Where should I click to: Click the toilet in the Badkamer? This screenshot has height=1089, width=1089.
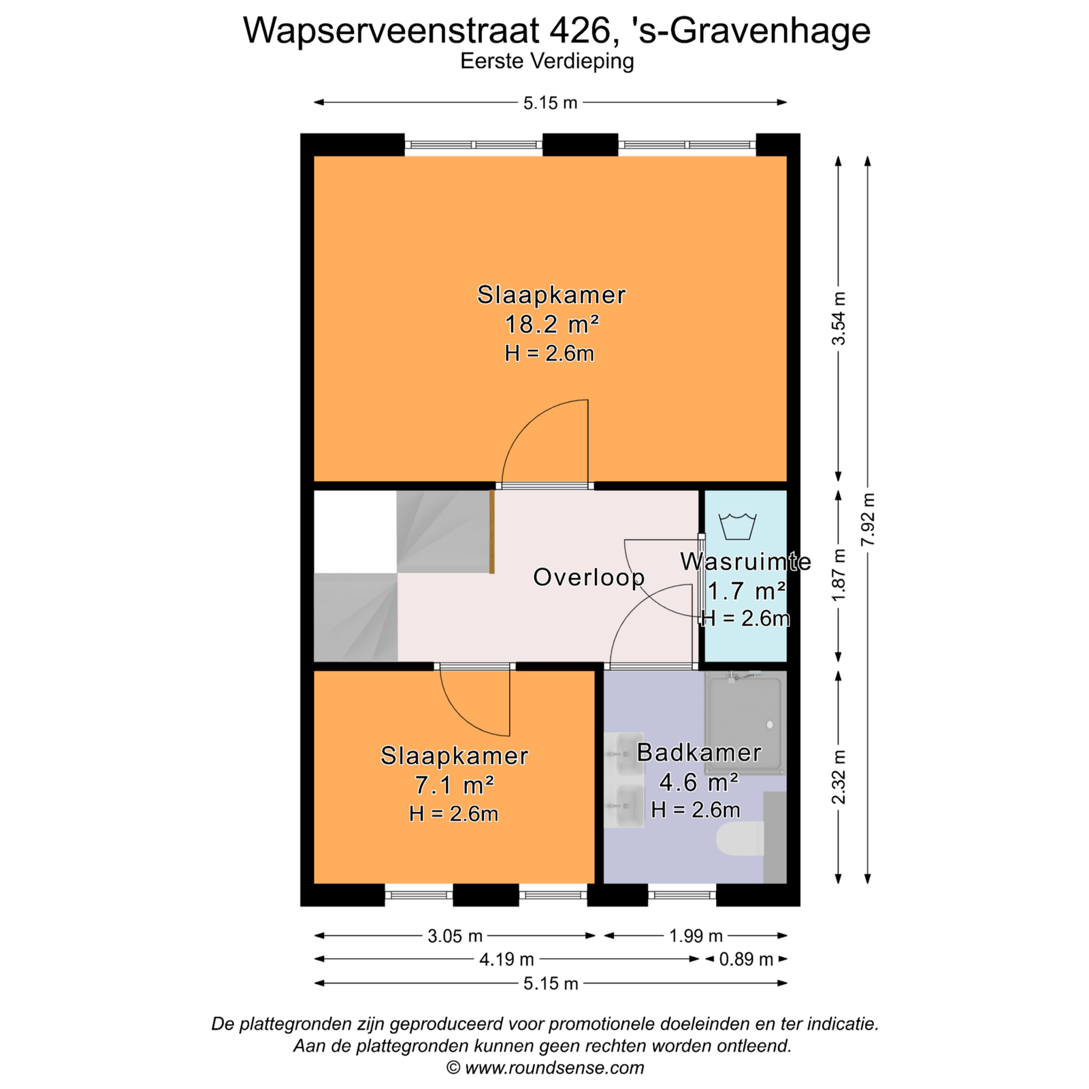(x=740, y=839)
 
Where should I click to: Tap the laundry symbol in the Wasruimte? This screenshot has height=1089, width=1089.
(x=737, y=525)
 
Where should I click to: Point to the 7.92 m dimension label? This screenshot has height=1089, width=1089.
(x=868, y=519)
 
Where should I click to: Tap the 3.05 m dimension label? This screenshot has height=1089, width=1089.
(x=455, y=936)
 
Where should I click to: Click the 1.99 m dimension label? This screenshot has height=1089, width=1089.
(x=696, y=936)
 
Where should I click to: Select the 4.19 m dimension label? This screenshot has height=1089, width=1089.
(x=507, y=960)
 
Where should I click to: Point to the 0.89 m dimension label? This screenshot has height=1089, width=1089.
(x=746, y=960)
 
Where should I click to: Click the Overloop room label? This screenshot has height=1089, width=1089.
(x=589, y=577)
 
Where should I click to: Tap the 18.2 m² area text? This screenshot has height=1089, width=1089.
(x=551, y=324)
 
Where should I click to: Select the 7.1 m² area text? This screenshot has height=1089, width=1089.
(x=454, y=785)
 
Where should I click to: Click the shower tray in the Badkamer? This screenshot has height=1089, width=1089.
(x=745, y=723)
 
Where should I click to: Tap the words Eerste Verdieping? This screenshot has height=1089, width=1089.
(x=547, y=61)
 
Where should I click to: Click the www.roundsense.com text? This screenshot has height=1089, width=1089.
(x=555, y=1068)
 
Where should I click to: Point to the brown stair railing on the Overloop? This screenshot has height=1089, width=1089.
(x=491, y=532)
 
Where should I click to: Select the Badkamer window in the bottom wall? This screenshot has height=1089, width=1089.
(x=682, y=895)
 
